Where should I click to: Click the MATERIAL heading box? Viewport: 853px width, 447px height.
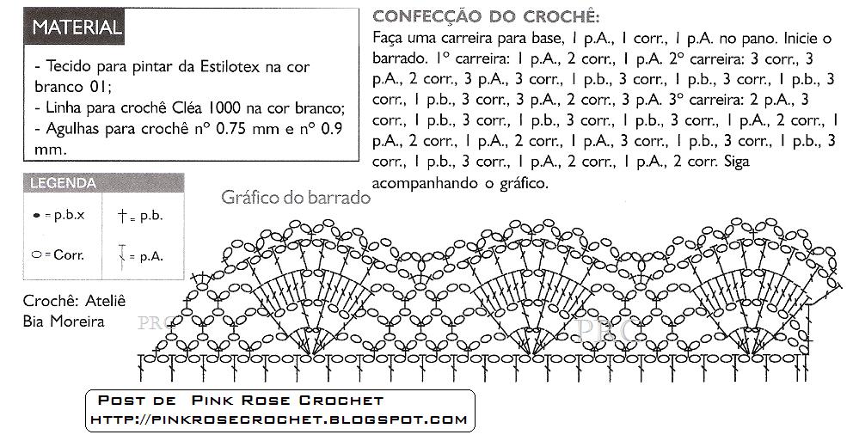click(x=77, y=27)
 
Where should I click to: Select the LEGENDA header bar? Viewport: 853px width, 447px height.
click(x=102, y=183)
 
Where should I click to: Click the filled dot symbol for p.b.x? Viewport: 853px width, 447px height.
click(x=36, y=217)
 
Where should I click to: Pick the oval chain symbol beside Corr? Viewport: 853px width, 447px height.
click(x=37, y=254)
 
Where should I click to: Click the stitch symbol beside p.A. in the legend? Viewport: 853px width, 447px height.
click(x=123, y=254)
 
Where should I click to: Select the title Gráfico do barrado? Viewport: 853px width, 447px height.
click(x=295, y=198)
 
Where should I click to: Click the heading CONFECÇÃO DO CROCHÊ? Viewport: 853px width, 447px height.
click(x=486, y=17)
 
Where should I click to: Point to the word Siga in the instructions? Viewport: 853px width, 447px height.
click(x=737, y=161)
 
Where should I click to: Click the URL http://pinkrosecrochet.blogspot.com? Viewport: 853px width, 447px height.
click(x=278, y=419)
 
